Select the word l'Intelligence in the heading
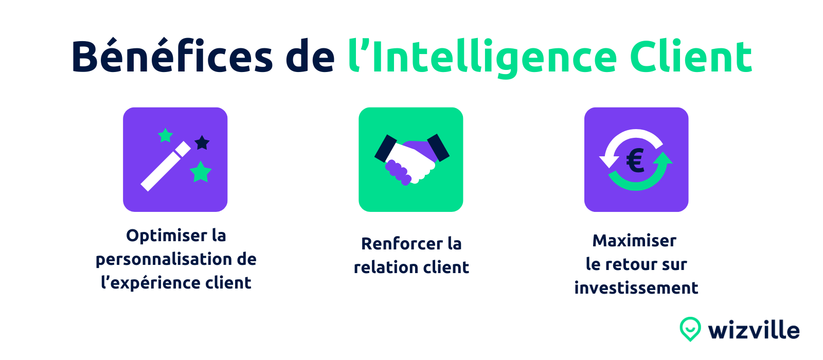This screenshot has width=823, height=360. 482,58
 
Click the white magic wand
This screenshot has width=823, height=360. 166,167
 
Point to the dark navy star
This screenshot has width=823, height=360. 202,143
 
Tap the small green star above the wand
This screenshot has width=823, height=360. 165,136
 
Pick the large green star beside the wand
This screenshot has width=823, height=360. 201,172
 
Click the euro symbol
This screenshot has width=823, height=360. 635,160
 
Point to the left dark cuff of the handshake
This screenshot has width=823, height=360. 385,149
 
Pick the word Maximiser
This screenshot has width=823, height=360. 635,241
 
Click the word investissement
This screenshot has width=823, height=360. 636,288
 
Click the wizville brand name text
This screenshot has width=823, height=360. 754,330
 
